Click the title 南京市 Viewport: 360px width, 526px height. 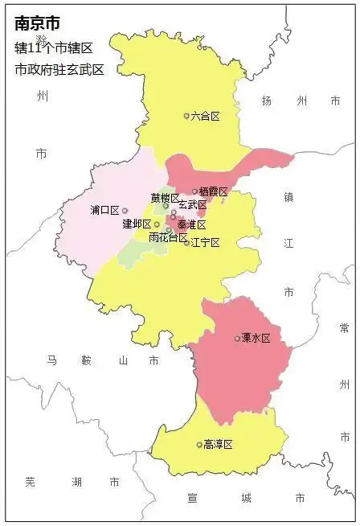37,25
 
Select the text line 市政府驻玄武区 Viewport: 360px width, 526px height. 59,69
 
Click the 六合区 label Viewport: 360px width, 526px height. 206,117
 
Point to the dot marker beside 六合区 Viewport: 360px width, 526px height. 186,117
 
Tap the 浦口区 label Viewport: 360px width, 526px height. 104,211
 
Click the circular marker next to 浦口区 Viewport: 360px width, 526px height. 125,211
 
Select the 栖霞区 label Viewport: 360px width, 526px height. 214,192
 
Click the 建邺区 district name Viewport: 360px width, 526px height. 137,224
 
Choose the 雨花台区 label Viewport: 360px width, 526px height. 168,238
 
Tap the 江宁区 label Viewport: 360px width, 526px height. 206,242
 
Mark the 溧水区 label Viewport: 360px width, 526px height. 256,339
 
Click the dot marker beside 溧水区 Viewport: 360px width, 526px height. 237,339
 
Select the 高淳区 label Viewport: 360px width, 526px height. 218,445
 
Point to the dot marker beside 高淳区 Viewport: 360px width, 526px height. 199,445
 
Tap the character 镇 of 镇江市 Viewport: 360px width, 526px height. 288,197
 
